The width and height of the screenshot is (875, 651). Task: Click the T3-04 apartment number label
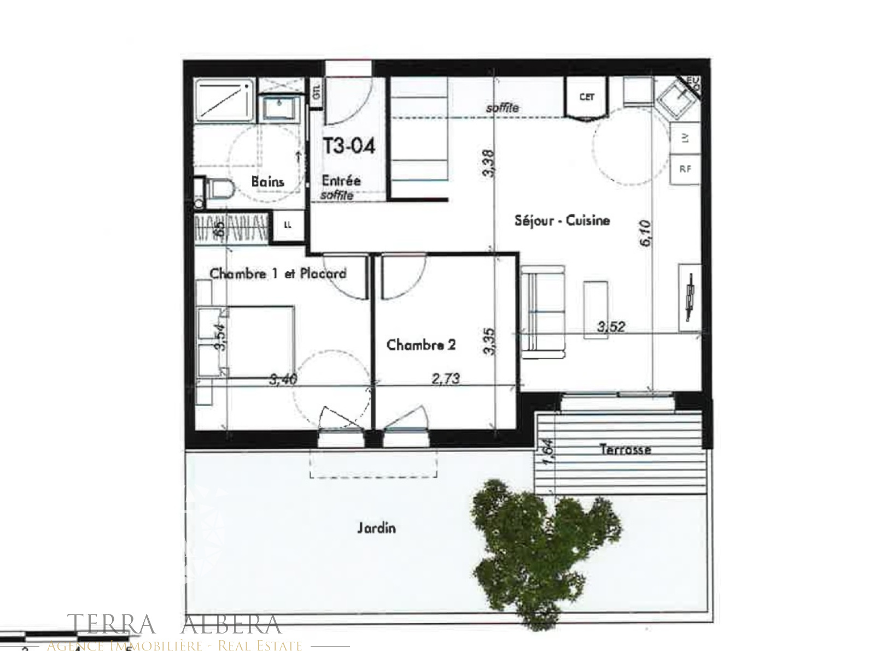pyautogui.click(x=349, y=146)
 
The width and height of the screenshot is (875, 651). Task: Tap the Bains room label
pyautogui.click(x=267, y=181)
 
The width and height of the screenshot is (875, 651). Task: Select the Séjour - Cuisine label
pyautogui.click(x=562, y=220)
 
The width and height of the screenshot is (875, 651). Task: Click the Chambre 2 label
pyautogui.click(x=421, y=345)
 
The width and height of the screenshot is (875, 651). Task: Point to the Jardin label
pyautogui.click(x=376, y=528)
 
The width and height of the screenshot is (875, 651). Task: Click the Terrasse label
pyautogui.click(x=625, y=449)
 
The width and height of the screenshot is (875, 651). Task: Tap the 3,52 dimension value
pyautogui.click(x=611, y=327)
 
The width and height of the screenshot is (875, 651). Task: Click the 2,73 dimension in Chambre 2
pyautogui.click(x=446, y=378)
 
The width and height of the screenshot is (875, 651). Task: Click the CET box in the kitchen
pyautogui.click(x=587, y=97)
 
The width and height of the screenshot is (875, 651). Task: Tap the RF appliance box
pyautogui.click(x=685, y=169)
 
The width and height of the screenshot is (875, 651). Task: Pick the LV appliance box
pyautogui.click(x=685, y=138)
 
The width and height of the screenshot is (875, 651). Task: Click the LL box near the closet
pyautogui.click(x=288, y=225)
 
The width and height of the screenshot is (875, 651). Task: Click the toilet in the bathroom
pyautogui.click(x=219, y=190)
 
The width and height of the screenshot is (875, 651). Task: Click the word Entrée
pyautogui.click(x=341, y=181)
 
